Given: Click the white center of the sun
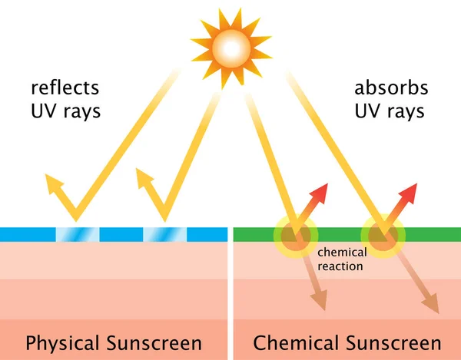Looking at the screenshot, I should point(230,49).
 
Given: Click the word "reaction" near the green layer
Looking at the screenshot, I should point(338,266).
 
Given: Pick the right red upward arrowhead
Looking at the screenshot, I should point(410,192).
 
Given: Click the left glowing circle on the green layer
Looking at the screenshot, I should point(296,234).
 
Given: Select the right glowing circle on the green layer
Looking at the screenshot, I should point(383,234).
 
